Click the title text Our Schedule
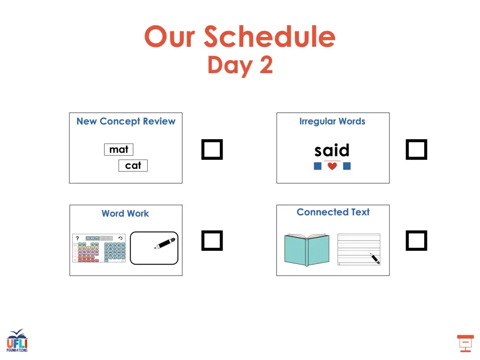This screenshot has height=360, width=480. (240, 37)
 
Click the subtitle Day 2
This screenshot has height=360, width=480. (240, 65)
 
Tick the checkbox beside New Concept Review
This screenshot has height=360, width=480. (212, 150)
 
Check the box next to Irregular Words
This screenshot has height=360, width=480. (416, 150)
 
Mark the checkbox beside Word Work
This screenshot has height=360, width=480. (212, 240)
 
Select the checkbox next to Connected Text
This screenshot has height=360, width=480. (416, 240)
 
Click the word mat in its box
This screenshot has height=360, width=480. (119, 150)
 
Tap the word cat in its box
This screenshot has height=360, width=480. (133, 165)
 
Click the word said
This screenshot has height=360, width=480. (332, 150)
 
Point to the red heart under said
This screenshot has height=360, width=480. (332, 166)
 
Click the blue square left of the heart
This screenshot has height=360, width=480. (317, 166)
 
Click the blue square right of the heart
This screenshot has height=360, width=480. (347, 166)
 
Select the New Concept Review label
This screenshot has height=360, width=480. (126, 121)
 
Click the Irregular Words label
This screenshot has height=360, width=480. (332, 121)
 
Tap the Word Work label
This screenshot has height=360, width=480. (125, 214)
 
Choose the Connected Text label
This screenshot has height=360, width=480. (333, 212)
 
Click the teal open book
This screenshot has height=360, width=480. (307, 249)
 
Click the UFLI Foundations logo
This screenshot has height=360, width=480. (17, 341)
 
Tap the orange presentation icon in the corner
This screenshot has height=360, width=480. (465, 343)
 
